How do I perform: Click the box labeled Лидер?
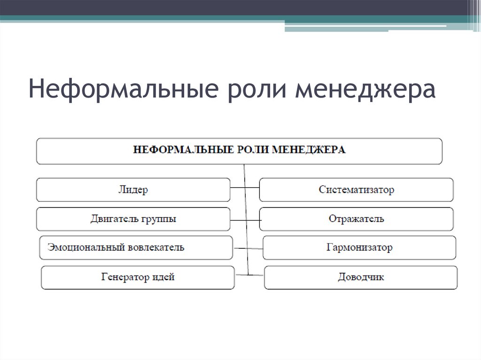point(133,190)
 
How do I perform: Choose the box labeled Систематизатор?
point(356,190)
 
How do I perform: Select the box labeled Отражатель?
point(356,219)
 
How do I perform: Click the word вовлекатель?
point(155,247)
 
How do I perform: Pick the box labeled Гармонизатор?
point(359,247)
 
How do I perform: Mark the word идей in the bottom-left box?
point(163,277)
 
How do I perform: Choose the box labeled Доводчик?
point(360,277)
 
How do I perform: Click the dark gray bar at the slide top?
point(235,7)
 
